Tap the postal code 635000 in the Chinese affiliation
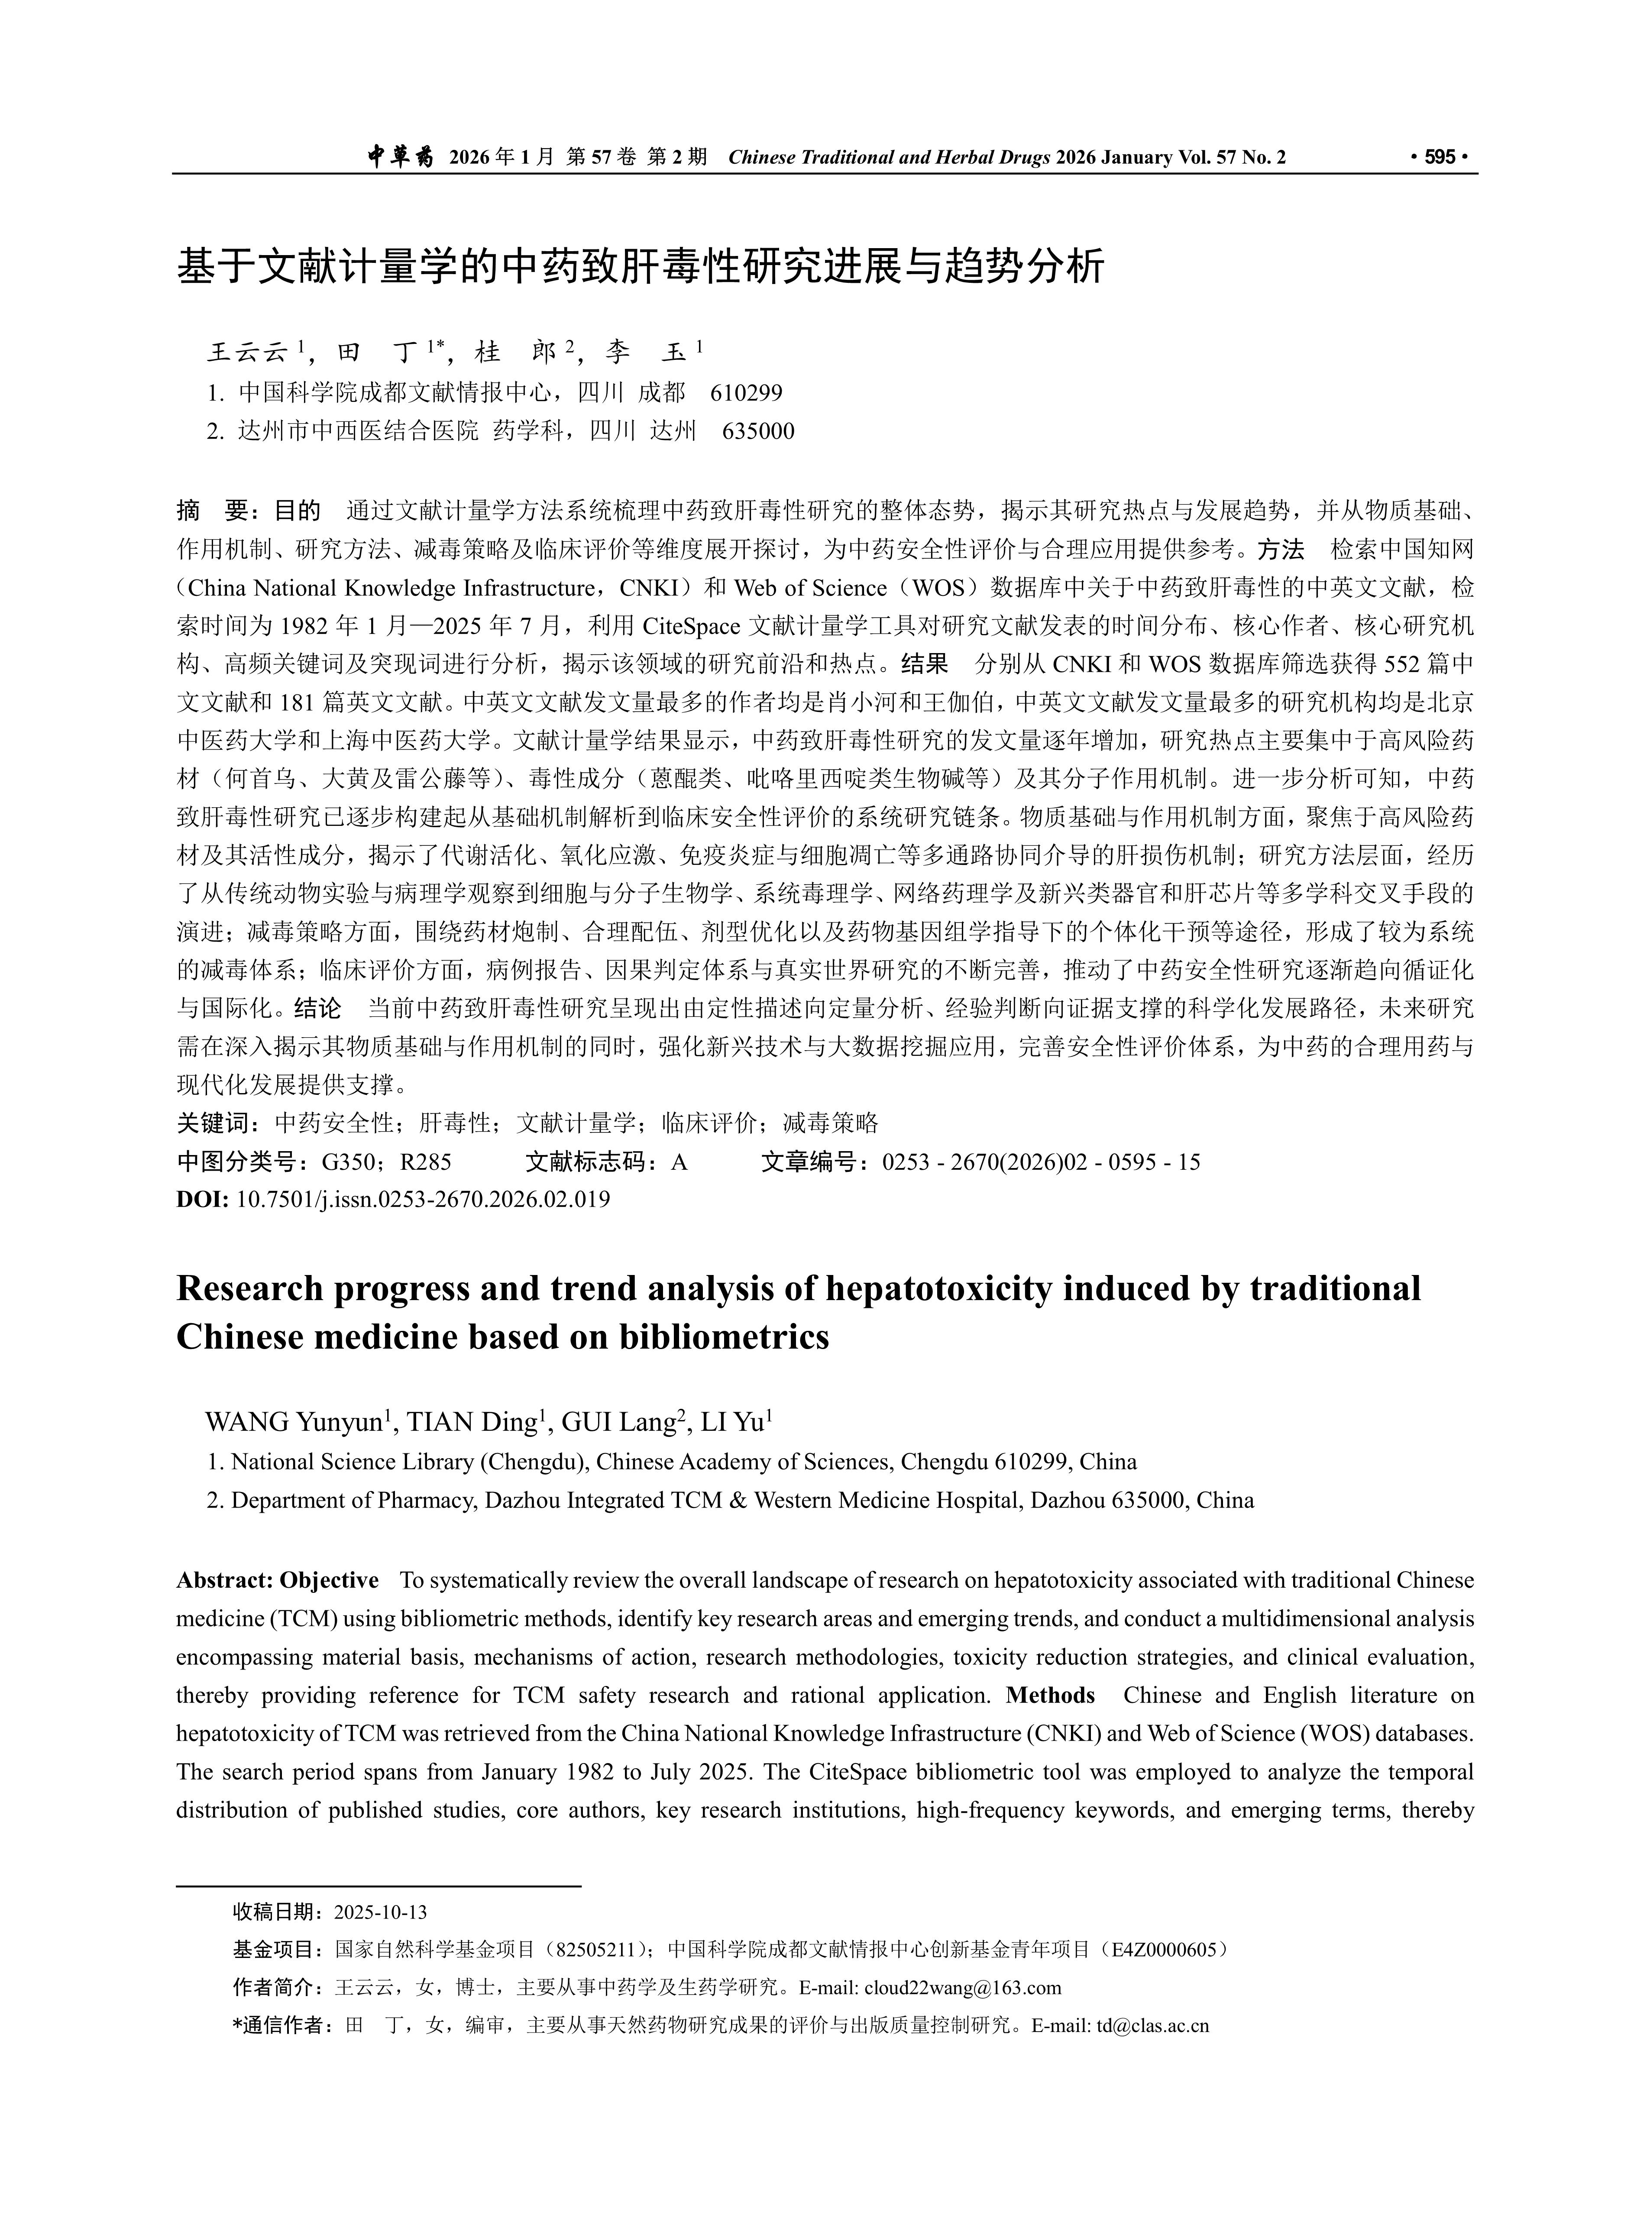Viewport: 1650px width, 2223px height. tap(758, 431)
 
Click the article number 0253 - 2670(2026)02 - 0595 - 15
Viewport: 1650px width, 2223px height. tap(1041, 1162)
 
